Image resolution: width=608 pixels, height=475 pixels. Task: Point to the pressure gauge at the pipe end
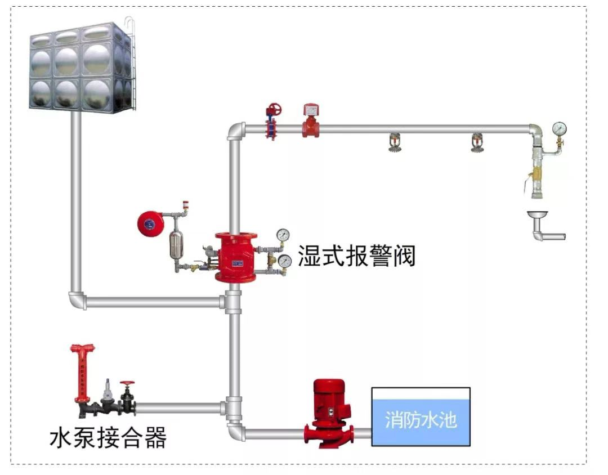[559, 129]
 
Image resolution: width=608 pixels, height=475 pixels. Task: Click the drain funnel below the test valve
[538, 216]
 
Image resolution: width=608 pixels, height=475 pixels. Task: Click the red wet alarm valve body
[235, 258]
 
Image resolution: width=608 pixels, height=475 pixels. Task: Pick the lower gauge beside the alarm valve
[285, 261]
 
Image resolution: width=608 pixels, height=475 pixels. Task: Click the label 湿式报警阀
[356, 255]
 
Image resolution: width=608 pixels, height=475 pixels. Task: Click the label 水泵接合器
[108, 437]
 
